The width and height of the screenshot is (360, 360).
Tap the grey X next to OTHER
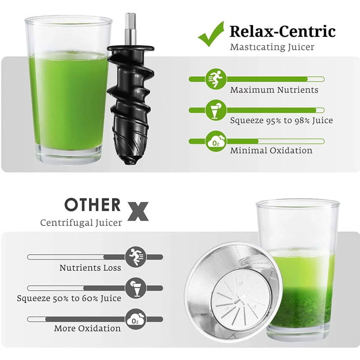(x=138, y=211)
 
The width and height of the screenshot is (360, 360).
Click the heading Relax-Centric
(x=283, y=31)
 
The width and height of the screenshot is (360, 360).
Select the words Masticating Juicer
(x=272, y=47)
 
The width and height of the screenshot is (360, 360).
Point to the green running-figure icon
(x=216, y=79)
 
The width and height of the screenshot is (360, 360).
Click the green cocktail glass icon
(x=216, y=110)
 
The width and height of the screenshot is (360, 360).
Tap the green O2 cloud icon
(x=216, y=141)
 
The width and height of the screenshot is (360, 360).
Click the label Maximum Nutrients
(x=274, y=90)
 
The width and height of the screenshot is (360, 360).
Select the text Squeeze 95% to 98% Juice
(x=282, y=121)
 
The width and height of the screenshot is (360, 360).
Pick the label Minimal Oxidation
(x=271, y=151)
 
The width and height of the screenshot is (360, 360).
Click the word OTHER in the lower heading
(x=93, y=205)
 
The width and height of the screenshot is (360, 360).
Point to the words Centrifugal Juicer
(x=81, y=223)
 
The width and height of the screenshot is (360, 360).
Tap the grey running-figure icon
(x=136, y=257)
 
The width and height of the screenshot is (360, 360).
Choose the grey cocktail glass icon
(x=136, y=288)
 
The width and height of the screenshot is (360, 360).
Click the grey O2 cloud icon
(x=136, y=319)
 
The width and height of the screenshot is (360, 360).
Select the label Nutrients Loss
(x=90, y=268)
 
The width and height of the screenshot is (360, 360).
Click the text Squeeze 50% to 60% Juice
(x=69, y=298)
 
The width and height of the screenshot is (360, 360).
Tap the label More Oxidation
(x=87, y=328)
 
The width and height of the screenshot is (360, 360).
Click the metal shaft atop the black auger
(x=130, y=29)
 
